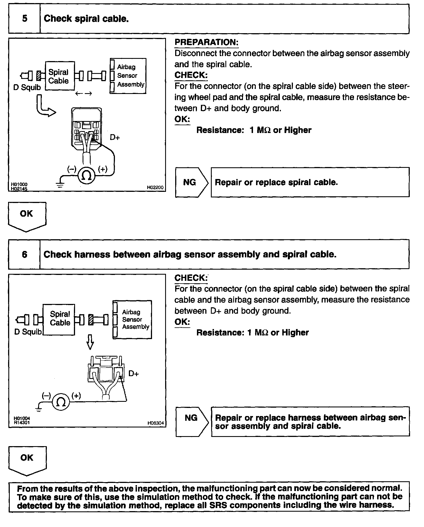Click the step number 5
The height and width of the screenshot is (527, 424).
25,19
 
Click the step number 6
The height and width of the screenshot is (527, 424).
25,254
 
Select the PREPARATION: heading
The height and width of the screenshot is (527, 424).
206,42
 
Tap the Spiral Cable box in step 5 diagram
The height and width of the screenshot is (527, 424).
60,76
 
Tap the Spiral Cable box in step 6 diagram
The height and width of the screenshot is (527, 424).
59,319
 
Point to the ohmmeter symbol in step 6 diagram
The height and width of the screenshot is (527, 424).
61,402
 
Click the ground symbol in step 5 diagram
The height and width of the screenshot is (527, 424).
60,184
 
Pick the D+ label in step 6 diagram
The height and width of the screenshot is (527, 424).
134,374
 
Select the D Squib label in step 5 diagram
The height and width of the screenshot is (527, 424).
27,88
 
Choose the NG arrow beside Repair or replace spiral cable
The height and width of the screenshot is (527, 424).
191,182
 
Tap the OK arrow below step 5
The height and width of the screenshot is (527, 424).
27,216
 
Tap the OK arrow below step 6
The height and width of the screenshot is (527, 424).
27,460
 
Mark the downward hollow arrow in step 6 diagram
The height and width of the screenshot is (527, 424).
90,342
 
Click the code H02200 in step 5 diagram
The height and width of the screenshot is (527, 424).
155,188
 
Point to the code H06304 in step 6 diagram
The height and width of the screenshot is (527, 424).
156,423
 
